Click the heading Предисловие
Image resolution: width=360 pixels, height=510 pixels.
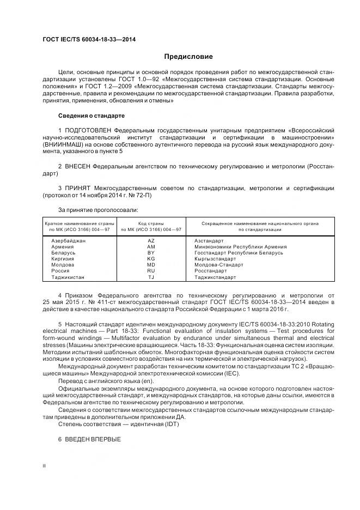188,57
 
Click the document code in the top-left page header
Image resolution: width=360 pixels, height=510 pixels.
89,40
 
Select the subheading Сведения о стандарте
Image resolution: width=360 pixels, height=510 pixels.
91,116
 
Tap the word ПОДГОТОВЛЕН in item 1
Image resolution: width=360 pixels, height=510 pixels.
90,131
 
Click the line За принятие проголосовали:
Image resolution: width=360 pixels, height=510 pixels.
97,210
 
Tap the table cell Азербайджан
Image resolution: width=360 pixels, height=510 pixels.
68,240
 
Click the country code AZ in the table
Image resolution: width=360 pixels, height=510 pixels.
151,240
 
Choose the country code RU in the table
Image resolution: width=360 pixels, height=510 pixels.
151,271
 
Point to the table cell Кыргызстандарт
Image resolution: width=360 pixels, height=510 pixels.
215,259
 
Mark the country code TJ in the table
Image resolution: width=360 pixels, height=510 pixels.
151,277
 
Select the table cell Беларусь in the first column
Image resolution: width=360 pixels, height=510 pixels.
63,253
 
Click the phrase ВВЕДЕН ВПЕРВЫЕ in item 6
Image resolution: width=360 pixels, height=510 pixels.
93,439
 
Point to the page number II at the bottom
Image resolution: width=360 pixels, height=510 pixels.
44,466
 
